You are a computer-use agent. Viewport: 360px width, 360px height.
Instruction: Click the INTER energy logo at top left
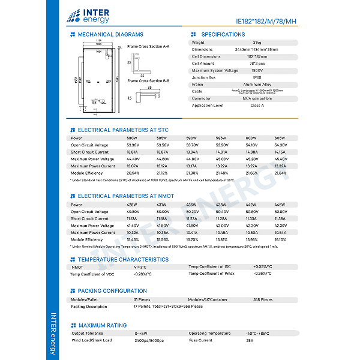(89, 14)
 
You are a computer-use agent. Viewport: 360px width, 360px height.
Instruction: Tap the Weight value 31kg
(257, 43)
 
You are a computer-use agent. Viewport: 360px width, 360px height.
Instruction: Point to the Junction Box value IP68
(257, 77)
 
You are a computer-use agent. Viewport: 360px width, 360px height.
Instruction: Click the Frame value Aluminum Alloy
(257, 85)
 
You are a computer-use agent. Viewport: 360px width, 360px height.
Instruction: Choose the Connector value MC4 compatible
(257, 98)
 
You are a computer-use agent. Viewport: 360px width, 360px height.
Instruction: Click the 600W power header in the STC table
(251, 138)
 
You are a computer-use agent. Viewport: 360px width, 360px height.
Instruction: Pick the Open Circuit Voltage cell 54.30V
(280, 145)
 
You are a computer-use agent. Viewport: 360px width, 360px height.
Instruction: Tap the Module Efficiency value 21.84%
(280, 173)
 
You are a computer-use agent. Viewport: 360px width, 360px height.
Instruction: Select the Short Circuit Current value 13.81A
(133, 152)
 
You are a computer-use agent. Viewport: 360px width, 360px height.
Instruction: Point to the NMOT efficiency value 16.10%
(280, 239)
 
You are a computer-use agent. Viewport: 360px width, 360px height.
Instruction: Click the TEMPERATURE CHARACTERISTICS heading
(123, 259)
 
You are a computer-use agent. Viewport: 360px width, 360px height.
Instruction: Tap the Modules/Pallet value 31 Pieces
(142, 299)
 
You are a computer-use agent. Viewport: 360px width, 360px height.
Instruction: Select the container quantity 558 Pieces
(263, 299)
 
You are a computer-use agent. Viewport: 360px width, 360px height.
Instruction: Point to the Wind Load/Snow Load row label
(92, 340)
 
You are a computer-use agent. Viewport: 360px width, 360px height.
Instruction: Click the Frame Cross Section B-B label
(148, 80)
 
